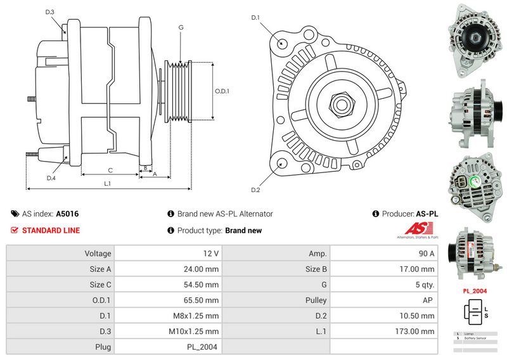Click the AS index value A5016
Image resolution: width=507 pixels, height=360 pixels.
67,214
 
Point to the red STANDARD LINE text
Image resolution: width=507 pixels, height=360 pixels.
51,230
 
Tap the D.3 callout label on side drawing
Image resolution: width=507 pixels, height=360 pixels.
51,12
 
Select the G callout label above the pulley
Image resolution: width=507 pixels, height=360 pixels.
181,27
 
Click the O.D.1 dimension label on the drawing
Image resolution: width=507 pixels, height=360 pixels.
221,91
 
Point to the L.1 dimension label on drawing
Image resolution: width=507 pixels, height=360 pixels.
108,183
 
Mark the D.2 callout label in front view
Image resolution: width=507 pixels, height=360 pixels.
255,190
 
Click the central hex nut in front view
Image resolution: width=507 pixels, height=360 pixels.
340,103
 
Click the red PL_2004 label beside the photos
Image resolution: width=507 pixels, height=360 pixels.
475,291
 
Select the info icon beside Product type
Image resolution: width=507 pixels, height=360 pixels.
170,231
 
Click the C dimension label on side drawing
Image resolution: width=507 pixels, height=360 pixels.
110,170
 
